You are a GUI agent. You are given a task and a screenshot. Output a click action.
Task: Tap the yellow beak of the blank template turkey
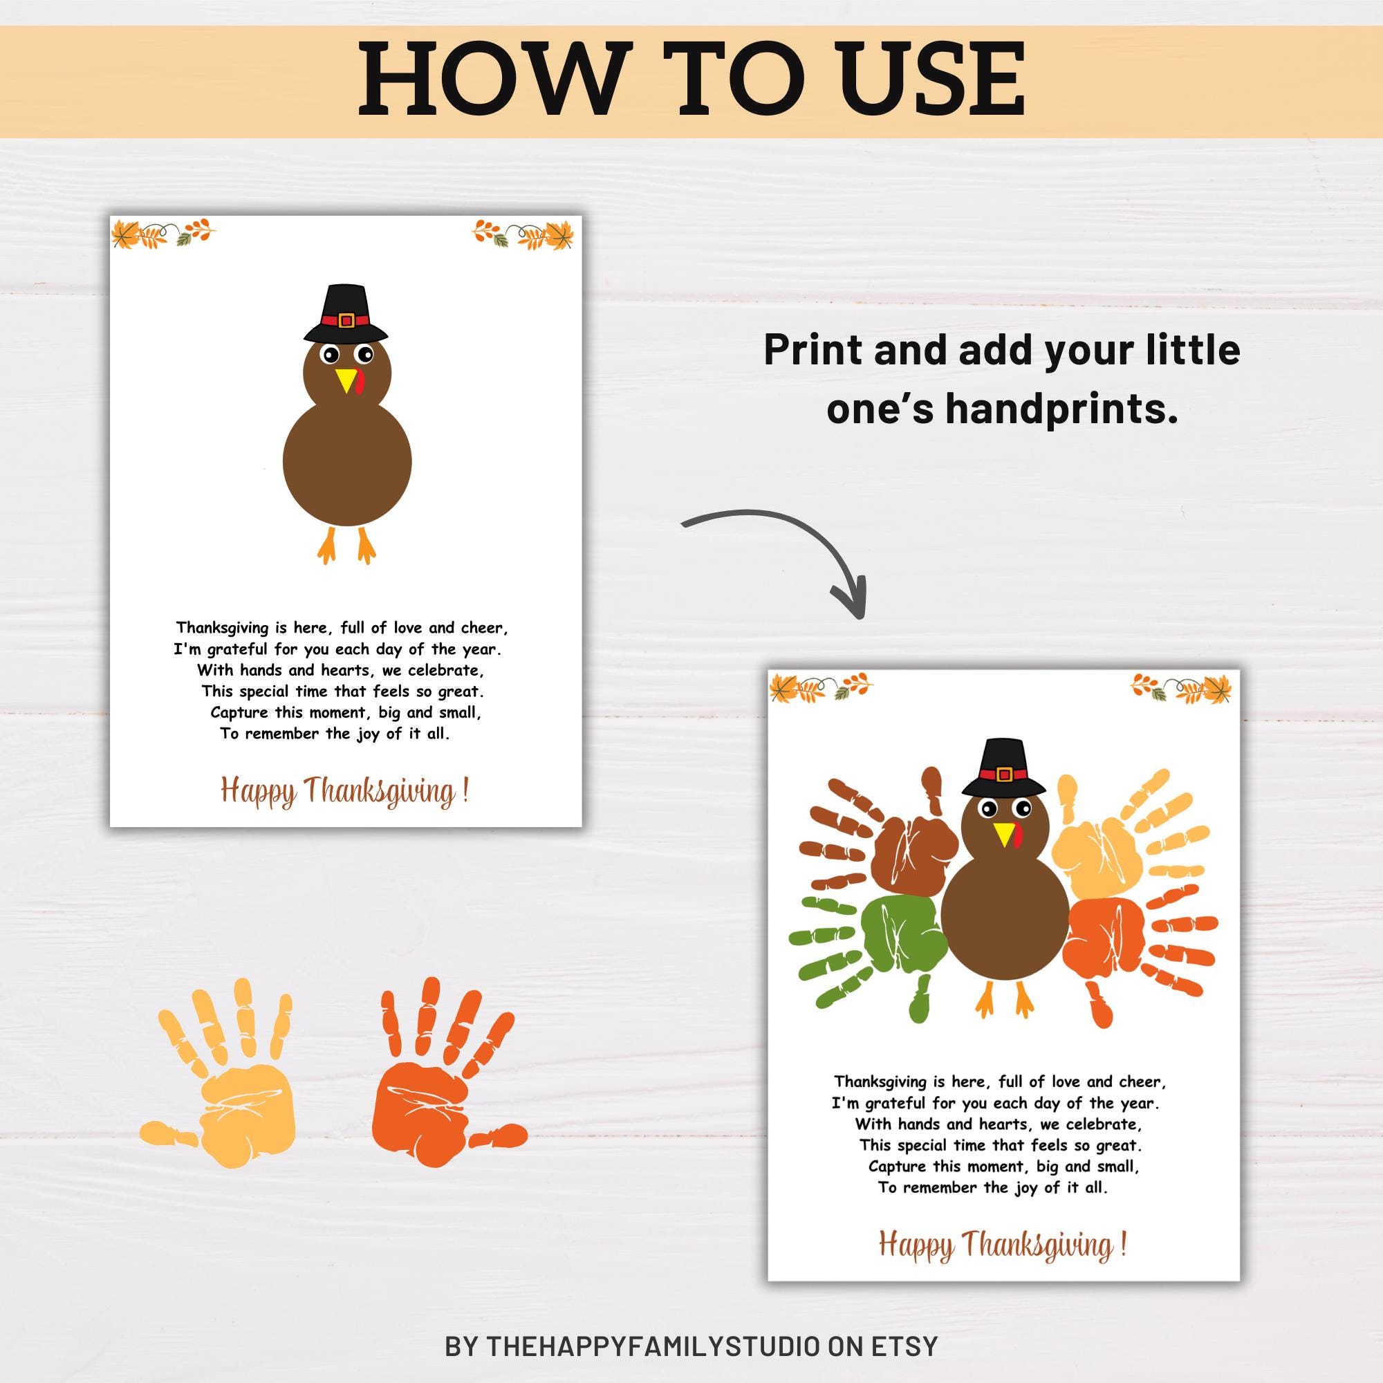346,379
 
